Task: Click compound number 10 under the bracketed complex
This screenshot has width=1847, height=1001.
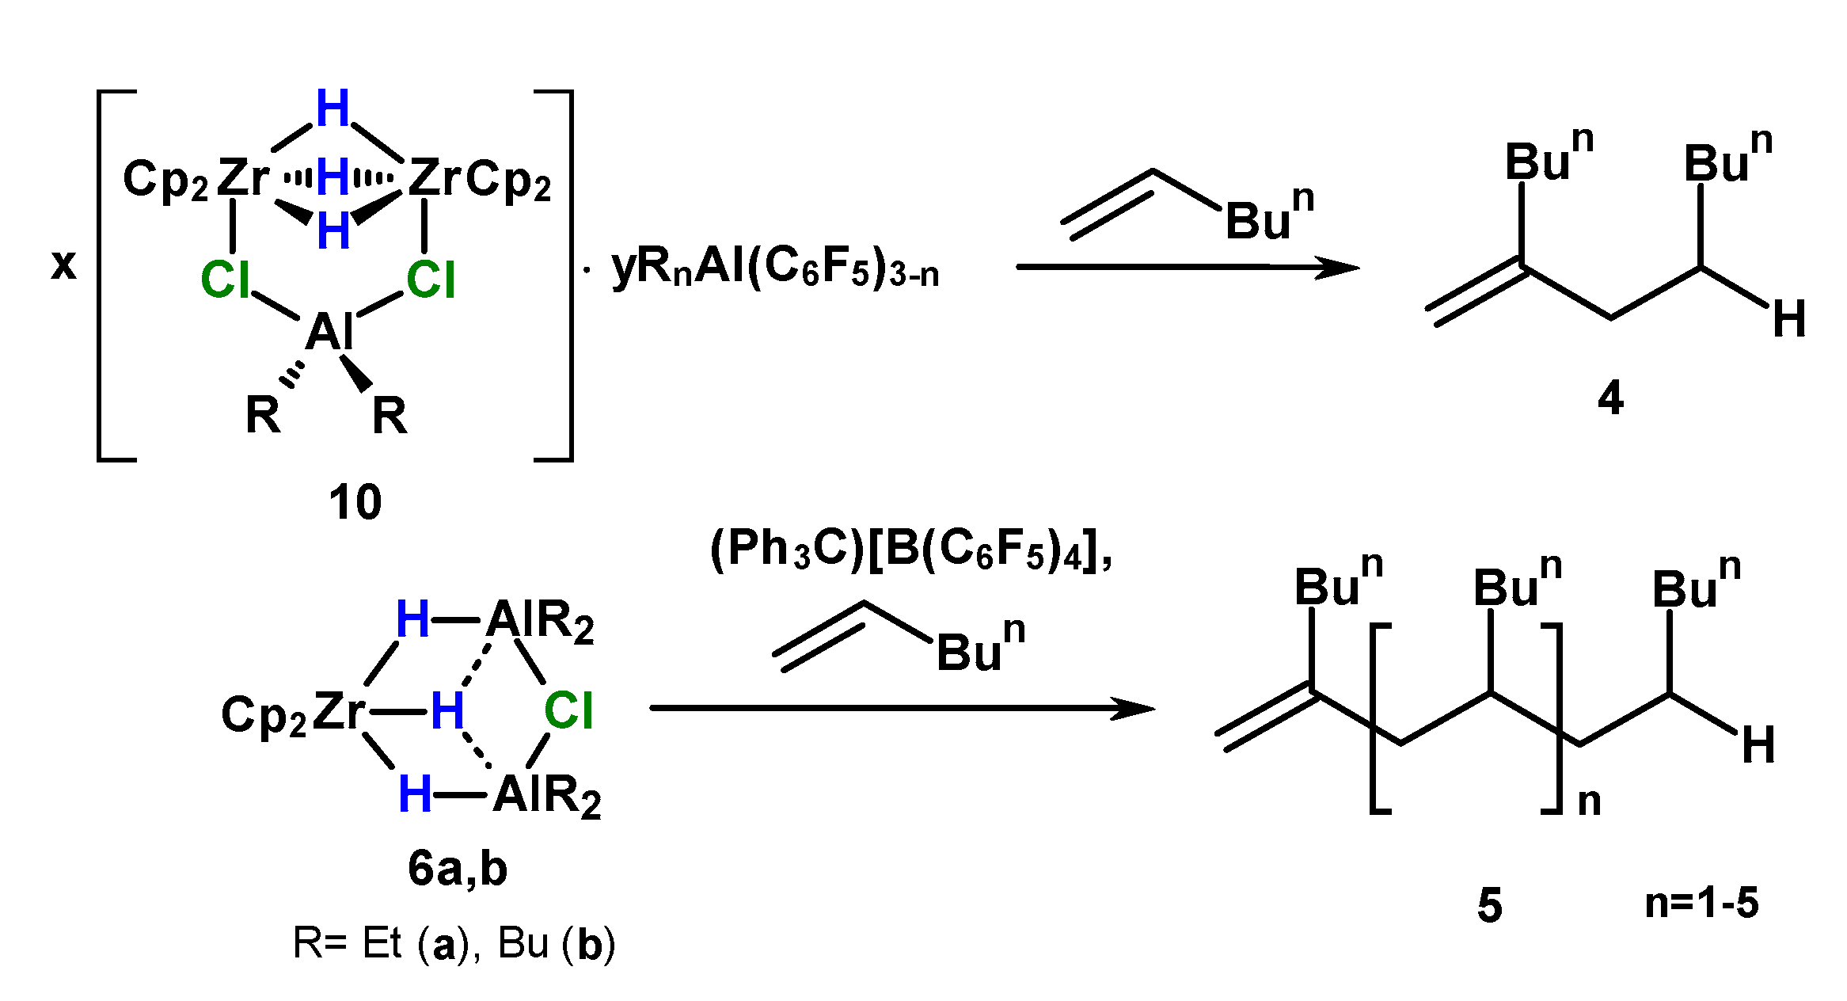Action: (355, 502)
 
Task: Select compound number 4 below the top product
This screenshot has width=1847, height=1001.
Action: (1610, 398)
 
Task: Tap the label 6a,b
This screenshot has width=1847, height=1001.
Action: (458, 870)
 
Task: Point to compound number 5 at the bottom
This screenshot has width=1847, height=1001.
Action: (1489, 905)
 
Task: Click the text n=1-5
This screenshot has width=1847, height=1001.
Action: (1701, 903)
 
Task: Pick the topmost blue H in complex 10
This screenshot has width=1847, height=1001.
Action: (333, 108)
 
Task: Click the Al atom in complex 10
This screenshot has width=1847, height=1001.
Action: (329, 331)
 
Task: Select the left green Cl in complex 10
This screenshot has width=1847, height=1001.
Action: (226, 280)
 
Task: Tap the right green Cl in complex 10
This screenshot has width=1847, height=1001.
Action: (431, 280)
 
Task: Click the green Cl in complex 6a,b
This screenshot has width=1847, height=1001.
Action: (568, 710)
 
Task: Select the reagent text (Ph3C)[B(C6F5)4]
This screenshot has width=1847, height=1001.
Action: (910, 549)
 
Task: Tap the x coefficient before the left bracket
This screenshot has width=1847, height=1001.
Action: (63, 264)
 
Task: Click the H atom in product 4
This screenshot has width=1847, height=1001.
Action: (1789, 319)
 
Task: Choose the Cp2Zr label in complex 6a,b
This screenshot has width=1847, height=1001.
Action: (293, 713)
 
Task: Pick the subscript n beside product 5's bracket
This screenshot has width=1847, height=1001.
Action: (1589, 801)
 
